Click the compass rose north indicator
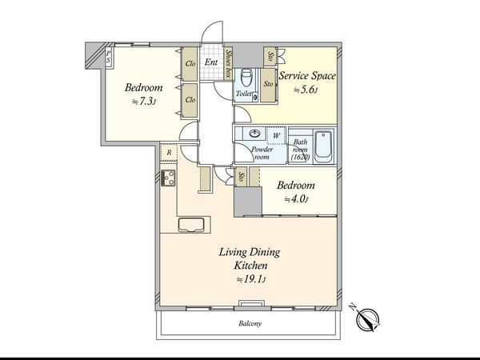pos(368,320)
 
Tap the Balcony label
pos(250,323)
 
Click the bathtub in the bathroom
pos(324,147)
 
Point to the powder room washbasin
pos(254,134)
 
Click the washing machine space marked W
pos(277,136)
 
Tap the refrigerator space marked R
pos(169,152)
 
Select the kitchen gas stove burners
pos(168,178)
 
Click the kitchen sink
pos(191,224)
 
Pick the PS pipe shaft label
pos(108,57)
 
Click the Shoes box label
pos(228,63)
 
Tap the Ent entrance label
pos(211,62)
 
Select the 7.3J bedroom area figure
pos(144,102)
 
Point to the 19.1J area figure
pos(250,279)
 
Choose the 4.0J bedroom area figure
pos(296,199)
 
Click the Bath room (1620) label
pos(300,150)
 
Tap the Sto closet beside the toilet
pos(269,85)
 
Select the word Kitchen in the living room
pos(250,266)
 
